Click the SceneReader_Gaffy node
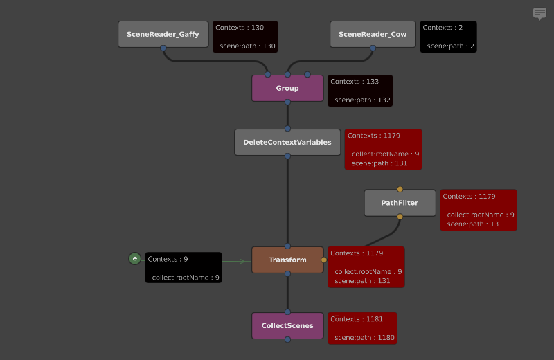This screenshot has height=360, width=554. point(163,34)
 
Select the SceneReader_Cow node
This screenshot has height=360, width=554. point(373,34)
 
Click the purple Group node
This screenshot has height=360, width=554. point(287,88)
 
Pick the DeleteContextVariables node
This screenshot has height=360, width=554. point(287,142)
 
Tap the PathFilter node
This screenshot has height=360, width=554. point(400,203)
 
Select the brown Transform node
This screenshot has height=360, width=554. point(287,260)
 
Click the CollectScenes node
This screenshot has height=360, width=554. point(287,325)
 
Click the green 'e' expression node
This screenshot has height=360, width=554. point(134,259)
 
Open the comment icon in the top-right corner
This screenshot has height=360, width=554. point(539,13)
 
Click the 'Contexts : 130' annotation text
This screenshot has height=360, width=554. point(240,28)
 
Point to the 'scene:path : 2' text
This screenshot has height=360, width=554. point(451,46)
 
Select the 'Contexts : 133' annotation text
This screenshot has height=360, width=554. point(355,82)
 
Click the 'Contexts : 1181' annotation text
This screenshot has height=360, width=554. point(357,319)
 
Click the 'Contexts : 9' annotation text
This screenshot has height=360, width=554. point(168,259)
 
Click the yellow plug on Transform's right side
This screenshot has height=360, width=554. point(323,260)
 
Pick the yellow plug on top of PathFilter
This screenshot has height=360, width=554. point(400,189)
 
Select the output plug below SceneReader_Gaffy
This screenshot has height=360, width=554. point(163,48)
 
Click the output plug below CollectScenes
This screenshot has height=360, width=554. point(287,339)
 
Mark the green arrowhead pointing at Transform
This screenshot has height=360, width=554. point(242,262)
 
